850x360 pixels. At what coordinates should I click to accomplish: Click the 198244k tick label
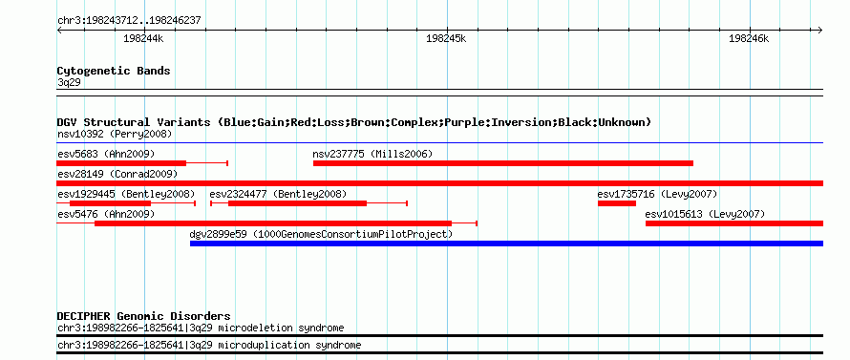(143, 38)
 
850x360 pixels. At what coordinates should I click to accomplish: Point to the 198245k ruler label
(446, 38)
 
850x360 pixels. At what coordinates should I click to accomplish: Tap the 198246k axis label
(749, 38)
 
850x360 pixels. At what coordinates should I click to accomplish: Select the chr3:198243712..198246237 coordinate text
(129, 21)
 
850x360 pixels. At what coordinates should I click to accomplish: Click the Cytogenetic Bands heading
(114, 71)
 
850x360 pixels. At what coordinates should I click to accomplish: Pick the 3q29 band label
(69, 82)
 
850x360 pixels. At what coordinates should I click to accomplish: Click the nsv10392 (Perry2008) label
(115, 134)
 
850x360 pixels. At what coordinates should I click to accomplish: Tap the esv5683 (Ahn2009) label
(106, 154)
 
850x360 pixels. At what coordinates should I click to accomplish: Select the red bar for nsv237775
(503, 163)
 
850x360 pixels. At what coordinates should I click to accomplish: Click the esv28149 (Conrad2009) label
(117, 174)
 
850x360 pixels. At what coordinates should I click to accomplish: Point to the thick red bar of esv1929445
(110, 203)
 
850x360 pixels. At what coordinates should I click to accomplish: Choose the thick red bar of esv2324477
(297, 203)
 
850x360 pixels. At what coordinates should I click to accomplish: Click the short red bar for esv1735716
(617, 203)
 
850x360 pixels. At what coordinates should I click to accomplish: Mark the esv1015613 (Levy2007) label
(705, 215)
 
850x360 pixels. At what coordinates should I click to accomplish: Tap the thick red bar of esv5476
(273, 223)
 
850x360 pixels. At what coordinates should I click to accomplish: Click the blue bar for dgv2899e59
(506, 244)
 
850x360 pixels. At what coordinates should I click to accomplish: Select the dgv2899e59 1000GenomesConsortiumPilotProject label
(321, 234)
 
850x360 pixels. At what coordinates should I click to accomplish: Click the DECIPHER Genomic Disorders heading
(143, 316)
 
